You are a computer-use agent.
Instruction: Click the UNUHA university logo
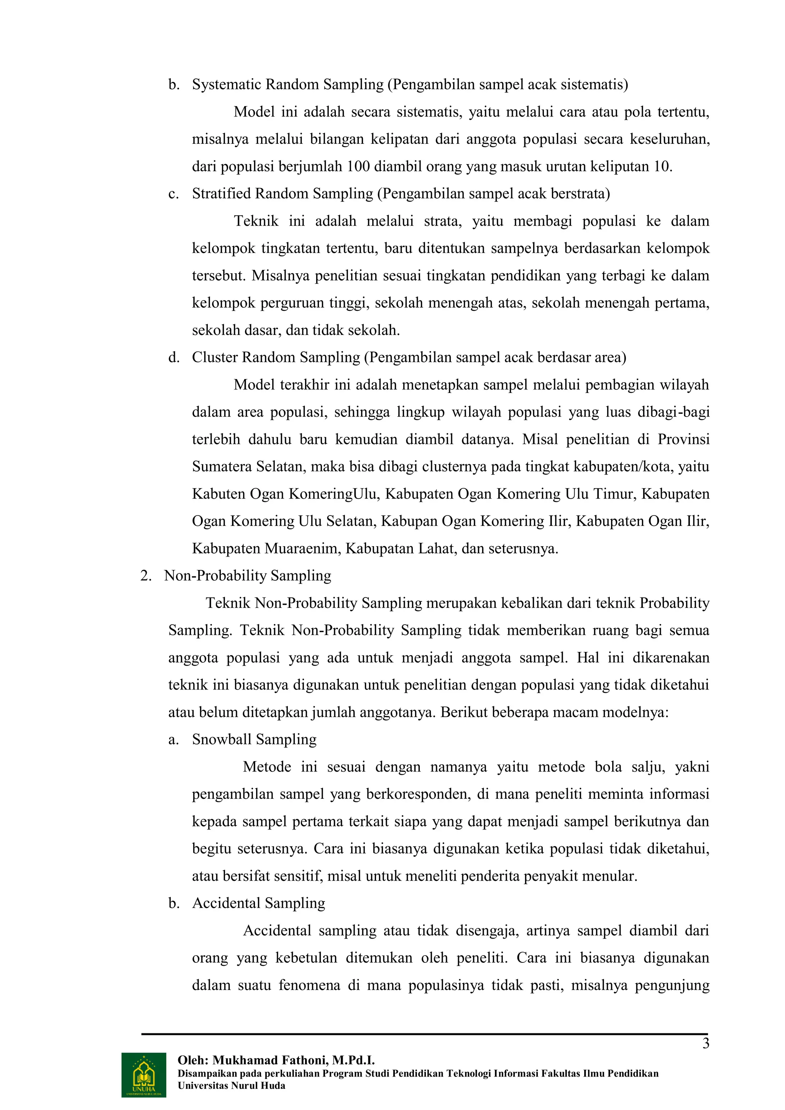tap(144, 1075)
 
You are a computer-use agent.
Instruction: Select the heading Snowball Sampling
tap(254, 739)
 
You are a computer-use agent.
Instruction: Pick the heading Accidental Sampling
tap(259, 903)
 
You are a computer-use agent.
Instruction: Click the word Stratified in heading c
tap(222, 194)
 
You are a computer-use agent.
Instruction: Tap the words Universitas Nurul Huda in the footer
tap(232, 1085)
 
